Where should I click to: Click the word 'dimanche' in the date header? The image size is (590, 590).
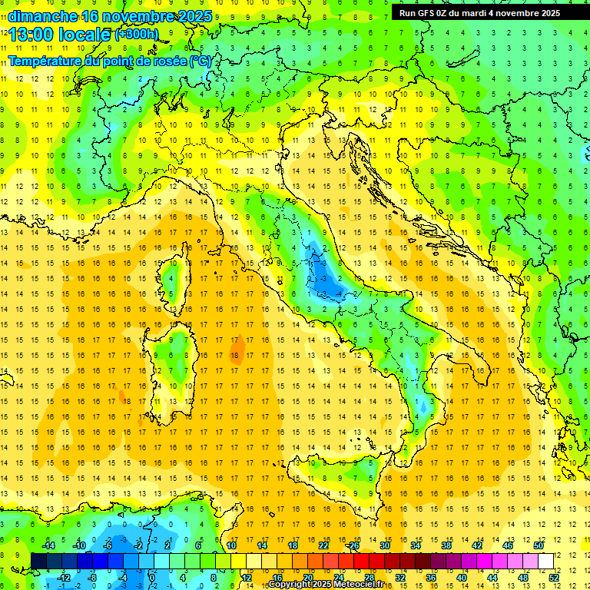coord(38,15)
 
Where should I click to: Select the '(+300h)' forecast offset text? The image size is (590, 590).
coord(136,35)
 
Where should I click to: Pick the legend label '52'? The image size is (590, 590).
coord(553,577)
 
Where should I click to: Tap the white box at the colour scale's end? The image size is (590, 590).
coord(545,561)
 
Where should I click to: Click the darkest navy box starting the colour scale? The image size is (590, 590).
coord(39,561)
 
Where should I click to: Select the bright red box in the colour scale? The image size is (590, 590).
coord(362,561)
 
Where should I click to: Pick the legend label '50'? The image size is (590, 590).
coord(538,545)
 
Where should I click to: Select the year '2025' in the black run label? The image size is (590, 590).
coord(548,13)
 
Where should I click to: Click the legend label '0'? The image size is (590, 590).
coord(152,577)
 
